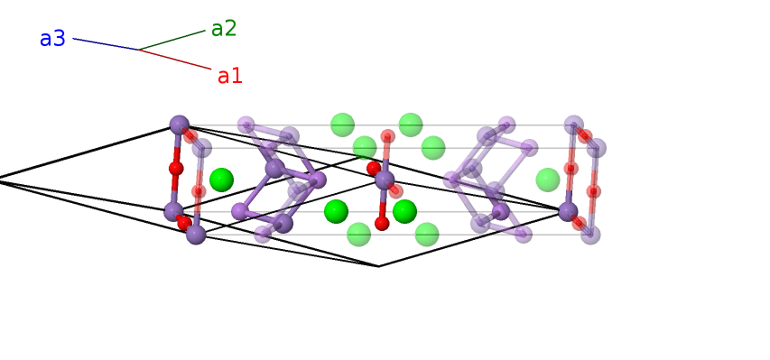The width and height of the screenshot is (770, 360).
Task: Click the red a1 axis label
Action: pos(230,76)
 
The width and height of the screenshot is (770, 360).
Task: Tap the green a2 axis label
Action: pos(224,29)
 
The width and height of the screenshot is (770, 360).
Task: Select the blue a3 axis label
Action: pos(52,39)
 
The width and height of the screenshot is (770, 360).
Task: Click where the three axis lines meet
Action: pos(140,51)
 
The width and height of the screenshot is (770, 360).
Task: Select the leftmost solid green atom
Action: pos(221,180)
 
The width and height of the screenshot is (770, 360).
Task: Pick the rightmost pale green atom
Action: pos(548,180)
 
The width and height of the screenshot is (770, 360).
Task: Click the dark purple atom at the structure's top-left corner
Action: pos(180,125)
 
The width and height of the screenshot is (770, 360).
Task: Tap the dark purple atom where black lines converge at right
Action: pos(568,211)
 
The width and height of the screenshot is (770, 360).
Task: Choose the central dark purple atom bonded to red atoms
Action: pos(385,180)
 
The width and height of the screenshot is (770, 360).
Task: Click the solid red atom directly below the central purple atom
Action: pos(382,223)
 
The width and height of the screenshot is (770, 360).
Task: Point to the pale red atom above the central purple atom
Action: pos(387,136)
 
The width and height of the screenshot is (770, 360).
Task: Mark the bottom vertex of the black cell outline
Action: pos(378,266)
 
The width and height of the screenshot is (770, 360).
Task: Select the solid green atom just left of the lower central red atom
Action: pos(336,211)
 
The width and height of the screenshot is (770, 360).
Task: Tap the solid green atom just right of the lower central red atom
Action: pos(404,211)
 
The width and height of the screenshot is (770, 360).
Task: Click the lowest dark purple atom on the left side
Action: pos(196,235)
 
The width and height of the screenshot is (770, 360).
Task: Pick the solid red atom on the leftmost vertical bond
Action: pos(176,168)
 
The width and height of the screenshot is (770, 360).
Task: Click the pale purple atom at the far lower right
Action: pos(590,235)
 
